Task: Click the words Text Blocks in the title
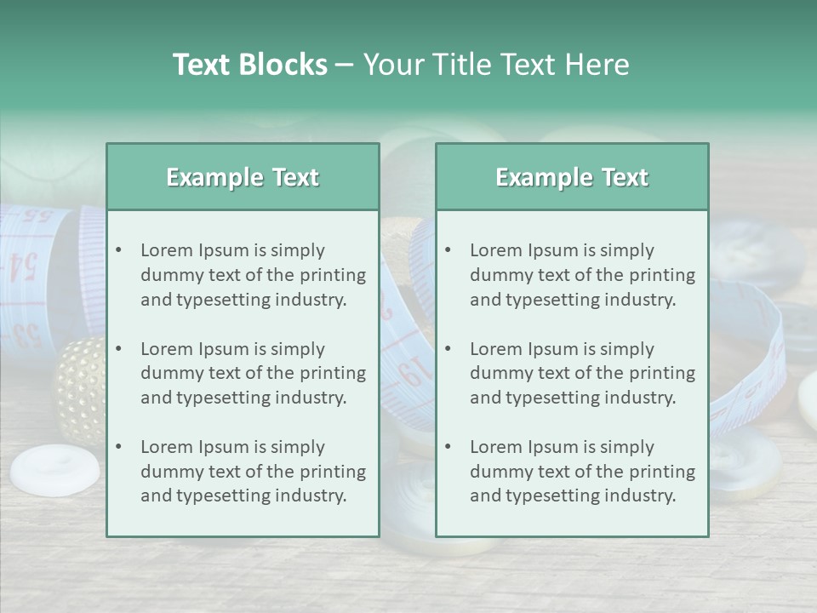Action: [x=249, y=65]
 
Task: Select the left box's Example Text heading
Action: [x=243, y=177]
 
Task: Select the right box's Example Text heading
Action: [x=572, y=177]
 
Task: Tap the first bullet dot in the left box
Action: [x=118, y=250]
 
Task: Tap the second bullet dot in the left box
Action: [x=118, y=349]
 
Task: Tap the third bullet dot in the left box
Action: [x=118, y=447]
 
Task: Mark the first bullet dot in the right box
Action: [x=448, y=250]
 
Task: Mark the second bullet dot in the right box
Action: [x=448, y=349]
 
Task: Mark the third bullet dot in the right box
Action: [x=448, y=447]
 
